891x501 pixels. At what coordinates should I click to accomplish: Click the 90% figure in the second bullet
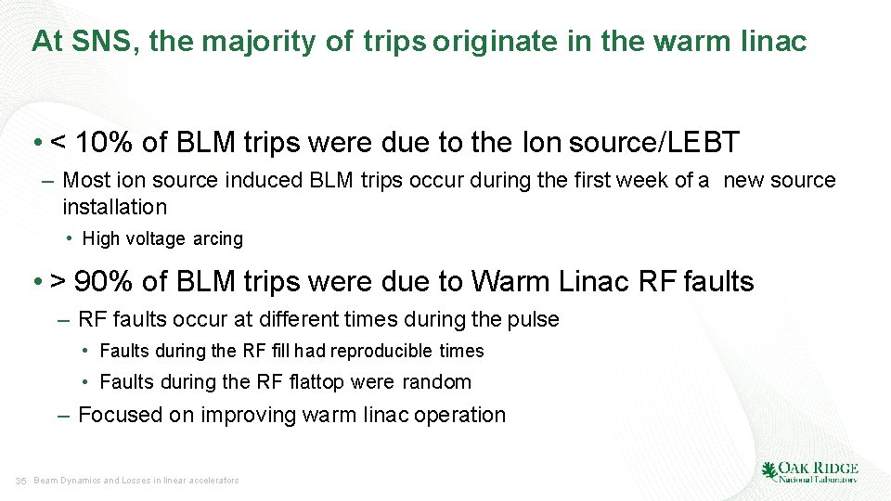[x=104, y=280]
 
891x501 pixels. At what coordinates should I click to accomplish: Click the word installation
[x=115, y=206]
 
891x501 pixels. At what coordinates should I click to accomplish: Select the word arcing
[x=218, y=239]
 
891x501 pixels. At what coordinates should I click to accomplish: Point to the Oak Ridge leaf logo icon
[x=768, y=471]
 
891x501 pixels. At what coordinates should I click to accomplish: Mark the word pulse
[x=534, y=320]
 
